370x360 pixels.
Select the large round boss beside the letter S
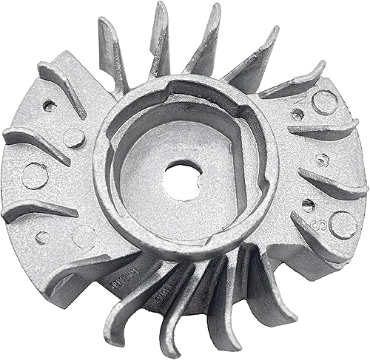[x=342, y=223]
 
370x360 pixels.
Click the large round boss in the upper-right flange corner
[x=325, y=102]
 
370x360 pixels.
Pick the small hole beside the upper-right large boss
[x=297, y=114]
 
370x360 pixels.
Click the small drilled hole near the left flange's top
[x=50, y=106]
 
